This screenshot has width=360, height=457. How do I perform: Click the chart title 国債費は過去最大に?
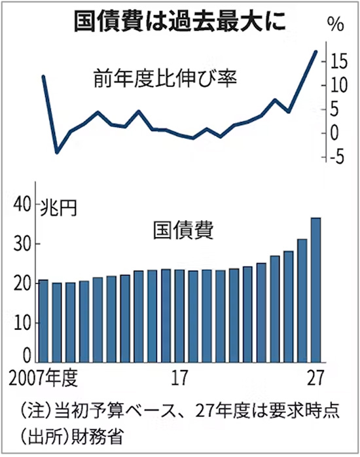click(x=179, y=22)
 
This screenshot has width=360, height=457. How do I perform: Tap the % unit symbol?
click(x=336, y=24)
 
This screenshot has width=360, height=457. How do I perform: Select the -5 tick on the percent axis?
click(x=337, y=157)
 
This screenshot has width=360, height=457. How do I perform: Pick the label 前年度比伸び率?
click(x=165, y=79)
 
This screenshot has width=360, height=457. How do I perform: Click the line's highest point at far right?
click(x=316, y=52)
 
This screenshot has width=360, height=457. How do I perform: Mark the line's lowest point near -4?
click(x=57, y=152)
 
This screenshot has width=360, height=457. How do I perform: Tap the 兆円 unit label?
click(x=58, y=208)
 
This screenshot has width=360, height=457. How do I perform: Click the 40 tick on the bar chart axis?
click(x=22, y=204)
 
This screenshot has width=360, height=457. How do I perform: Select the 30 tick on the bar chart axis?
click(x=22, y=244)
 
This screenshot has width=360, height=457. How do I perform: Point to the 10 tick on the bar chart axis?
click(x=22, y=323)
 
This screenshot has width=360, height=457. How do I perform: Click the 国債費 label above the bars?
click(x=183, y=230)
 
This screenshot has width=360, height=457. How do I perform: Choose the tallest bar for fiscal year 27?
click(x=316, y=290)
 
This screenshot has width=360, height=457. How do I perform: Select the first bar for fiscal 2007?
click(x=43, y=321)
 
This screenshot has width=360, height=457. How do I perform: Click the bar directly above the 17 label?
click(x=179, y=316)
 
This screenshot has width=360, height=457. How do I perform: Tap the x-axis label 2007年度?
click(x=43, y=378)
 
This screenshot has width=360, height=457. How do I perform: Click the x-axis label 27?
click(x=315, y=378)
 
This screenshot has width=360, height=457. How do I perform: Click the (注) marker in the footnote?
click(x=35, y=411)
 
